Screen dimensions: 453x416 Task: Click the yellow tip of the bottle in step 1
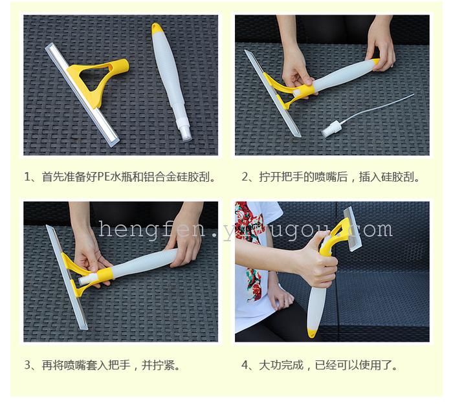157,28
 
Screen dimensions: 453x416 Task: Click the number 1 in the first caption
27,177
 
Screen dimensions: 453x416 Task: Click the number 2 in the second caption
245,177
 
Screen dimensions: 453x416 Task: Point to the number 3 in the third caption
27,365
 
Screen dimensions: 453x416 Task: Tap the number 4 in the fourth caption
245,365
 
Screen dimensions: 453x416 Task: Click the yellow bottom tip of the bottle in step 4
313,333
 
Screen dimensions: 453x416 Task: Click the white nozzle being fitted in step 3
87,279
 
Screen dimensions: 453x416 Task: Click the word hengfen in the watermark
151,229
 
